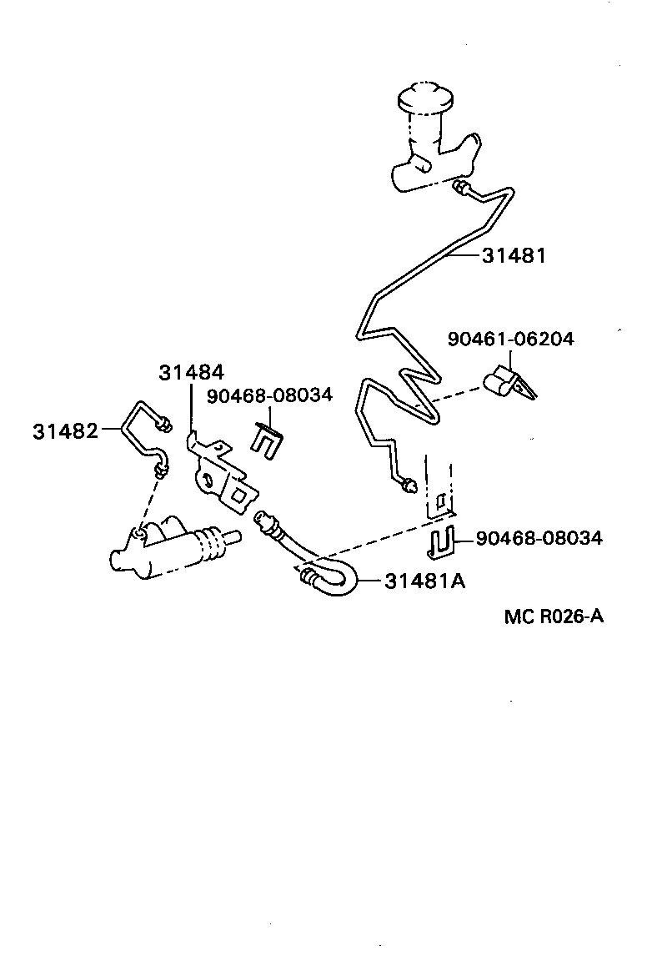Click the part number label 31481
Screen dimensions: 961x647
click(x=514, y=256)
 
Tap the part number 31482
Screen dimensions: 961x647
click(x=64, y=430)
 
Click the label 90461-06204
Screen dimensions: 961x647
click(x=510, y=339)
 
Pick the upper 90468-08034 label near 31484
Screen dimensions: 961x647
click(x=269, y=395)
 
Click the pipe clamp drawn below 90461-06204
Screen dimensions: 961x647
click(x=506, y=381)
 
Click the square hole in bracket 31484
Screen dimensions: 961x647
click(x=238, y=494)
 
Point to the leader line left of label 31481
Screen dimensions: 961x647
click(x=464, y=256)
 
